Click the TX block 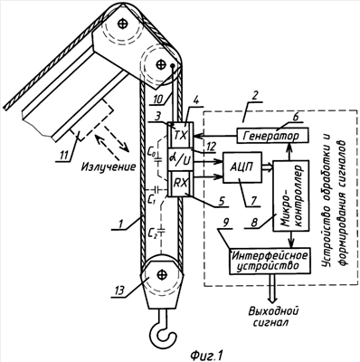pyautogui.click(x=181, y=136)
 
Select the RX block pyautogui.click(x=181, y=184)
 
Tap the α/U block pyautogui.click(x=181, y=160)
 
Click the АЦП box pyautogui.click(x=242, y=167)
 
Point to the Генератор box pyautogui.click(x=272, y=136)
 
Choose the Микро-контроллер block pyautogui.click(x=290, y=195)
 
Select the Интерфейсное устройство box pyautogui.click(x=270, y=261)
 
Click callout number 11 pyautogui.click(x=63, y=156)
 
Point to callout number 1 pyautogui.click(x=120, y=224)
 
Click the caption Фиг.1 pyautogui.click(x=206, y=355)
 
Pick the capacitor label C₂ pyautogui.click(x=153, y=232)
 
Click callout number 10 pyautogui.click(x=157, y=99)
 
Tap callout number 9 pyautogui.click(x=227, y=223)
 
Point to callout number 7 pyautogui.click(x=253, y=199)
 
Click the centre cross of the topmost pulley pyautogui.click(x=123, y=24)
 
